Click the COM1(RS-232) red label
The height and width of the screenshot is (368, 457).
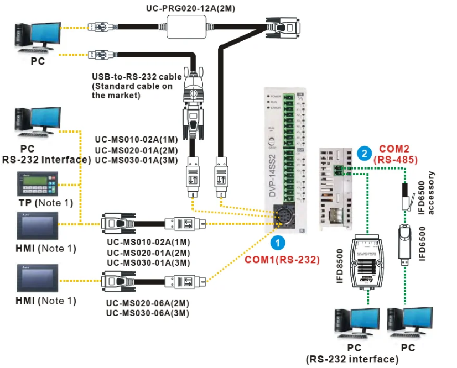click(282, 259)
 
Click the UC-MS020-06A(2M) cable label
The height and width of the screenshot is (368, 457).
click(148, 303)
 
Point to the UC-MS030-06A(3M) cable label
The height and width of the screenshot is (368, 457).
click(148, 313)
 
